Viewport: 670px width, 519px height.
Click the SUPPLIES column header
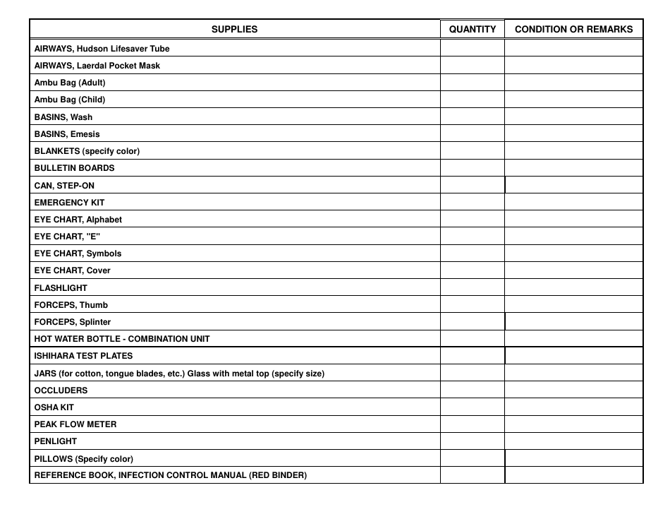[x=235, y=30]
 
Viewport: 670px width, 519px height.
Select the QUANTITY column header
[x=473, y=30]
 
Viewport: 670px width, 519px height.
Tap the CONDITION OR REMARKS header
[x=573, y=30]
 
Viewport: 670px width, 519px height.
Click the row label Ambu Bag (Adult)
[x=70, y=83]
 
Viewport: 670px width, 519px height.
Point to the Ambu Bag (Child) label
[x=70, y=100]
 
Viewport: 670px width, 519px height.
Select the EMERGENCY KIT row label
[x=69, y=203]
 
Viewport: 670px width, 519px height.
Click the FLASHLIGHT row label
[x=61, y=288]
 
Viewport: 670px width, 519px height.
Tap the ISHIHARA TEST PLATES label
[x=83, y=356]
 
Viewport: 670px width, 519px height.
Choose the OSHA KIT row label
[x=54, y=407]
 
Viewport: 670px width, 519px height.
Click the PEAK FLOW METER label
[x=75, y=424]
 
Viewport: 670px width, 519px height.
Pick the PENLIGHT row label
[x=56, y=441]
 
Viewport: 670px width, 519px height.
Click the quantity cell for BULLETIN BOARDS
[x=473, y=168]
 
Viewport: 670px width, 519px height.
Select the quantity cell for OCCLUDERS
[x=473, y=390]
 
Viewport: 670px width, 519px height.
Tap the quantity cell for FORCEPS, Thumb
[x=473, y=305]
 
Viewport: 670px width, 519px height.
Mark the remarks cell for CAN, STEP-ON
[x=573, y=185]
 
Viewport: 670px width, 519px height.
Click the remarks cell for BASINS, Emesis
[x=573, y=134]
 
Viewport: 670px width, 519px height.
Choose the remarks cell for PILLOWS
[x=573, y=458]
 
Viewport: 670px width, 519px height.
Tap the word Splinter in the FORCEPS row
[x=95, y=322]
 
